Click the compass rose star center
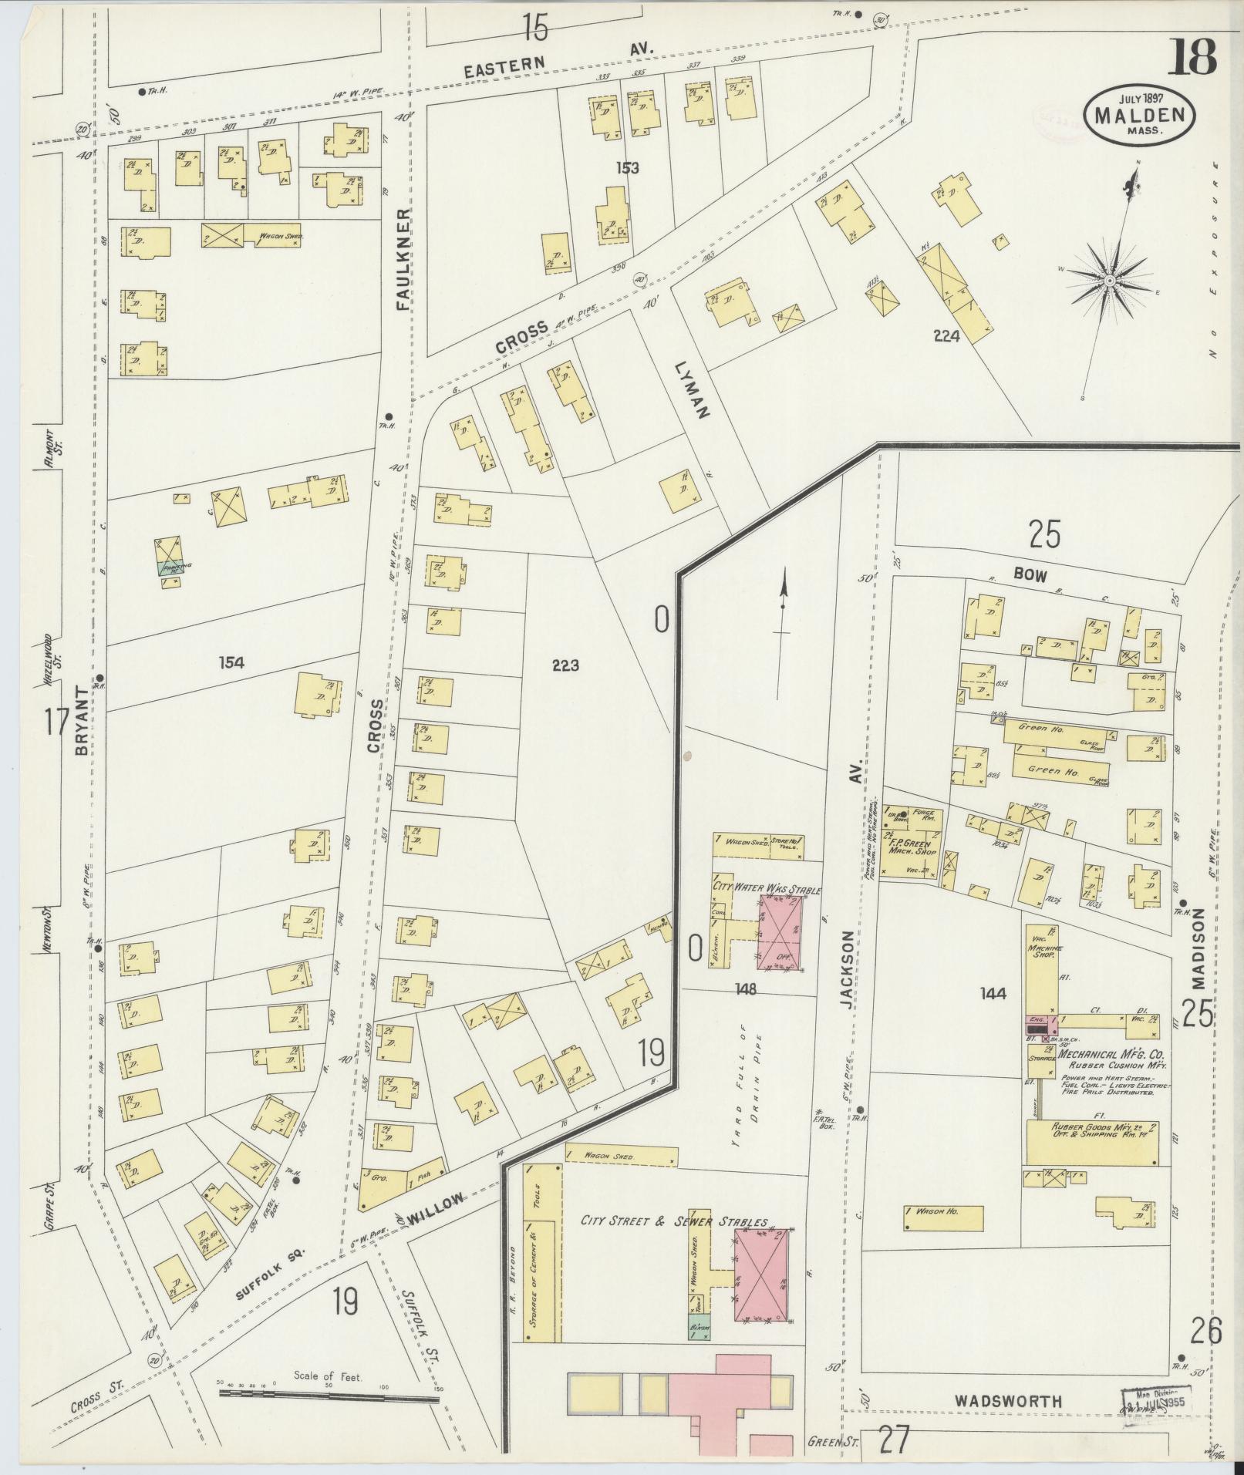1109,281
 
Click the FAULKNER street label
403,258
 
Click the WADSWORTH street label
1007,1401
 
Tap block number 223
565,665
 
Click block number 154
231,662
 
